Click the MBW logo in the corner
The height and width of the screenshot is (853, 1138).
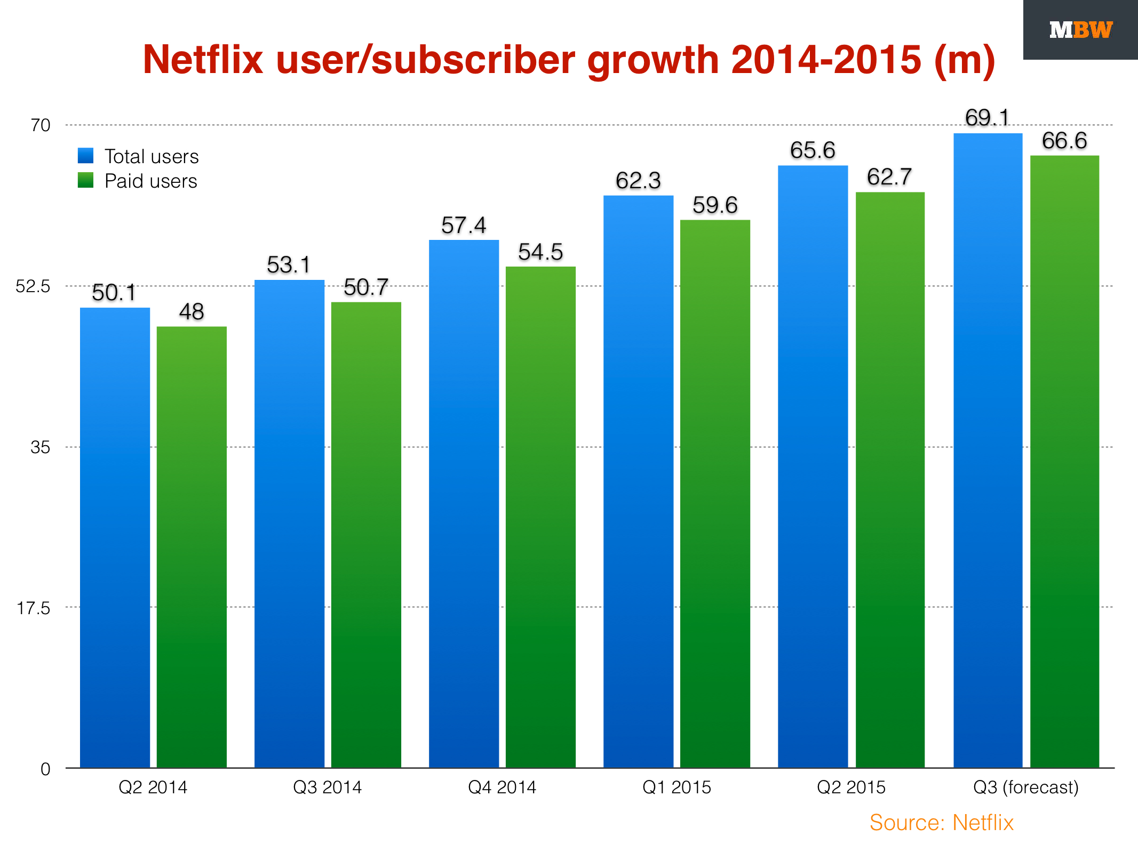pyautogui.click(x=1080, y=30)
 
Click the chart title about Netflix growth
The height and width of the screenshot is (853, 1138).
pyautogui.click(x=569, y=59)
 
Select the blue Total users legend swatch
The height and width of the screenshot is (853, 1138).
pyautogui.click(x=85, y=156)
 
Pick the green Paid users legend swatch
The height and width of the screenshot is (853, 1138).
pyautogui.click(x=85, y=180)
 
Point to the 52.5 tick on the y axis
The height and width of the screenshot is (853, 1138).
pyautogui.click(x=33, y=286)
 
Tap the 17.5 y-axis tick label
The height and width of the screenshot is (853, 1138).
pyautogui.click(x=33, y=608)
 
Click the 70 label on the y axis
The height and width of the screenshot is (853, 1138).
pyautogui.click(x=41, y=125)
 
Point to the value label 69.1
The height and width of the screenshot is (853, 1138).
pyautogui.click(x=987, y=118)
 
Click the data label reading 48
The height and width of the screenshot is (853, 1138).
pyautogui.click(x=192, y=312)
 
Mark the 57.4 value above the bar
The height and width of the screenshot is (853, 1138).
pyautogui.click(x=464, y=226)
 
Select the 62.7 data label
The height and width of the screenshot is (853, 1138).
pyautogui.click(x=889, y=177)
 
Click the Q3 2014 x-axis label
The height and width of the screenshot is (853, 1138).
pyautogui.click(x=328, y=787)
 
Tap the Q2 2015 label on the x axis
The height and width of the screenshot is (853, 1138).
pyautogui.click(x=851, y=787)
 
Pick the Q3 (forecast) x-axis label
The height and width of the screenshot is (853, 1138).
pyautogui.click(x=1025, y=787)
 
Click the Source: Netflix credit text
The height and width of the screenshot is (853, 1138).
pyautogui.click(x=941, y=823)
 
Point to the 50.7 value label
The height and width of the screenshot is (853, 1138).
pyautogui.click(x=366, y=288)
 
